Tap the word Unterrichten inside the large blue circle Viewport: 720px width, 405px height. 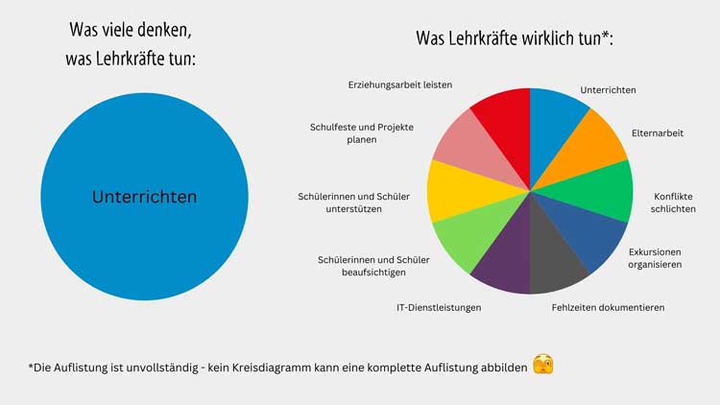(144, 197)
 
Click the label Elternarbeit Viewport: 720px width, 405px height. (658, 133)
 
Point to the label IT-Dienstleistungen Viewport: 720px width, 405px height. (439, 308)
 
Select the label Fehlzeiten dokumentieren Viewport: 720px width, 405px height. (608, 308)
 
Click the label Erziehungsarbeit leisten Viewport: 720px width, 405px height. (399, 84)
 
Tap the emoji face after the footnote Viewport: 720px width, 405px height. (543, 366)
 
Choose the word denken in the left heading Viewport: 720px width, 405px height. (178, 30)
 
